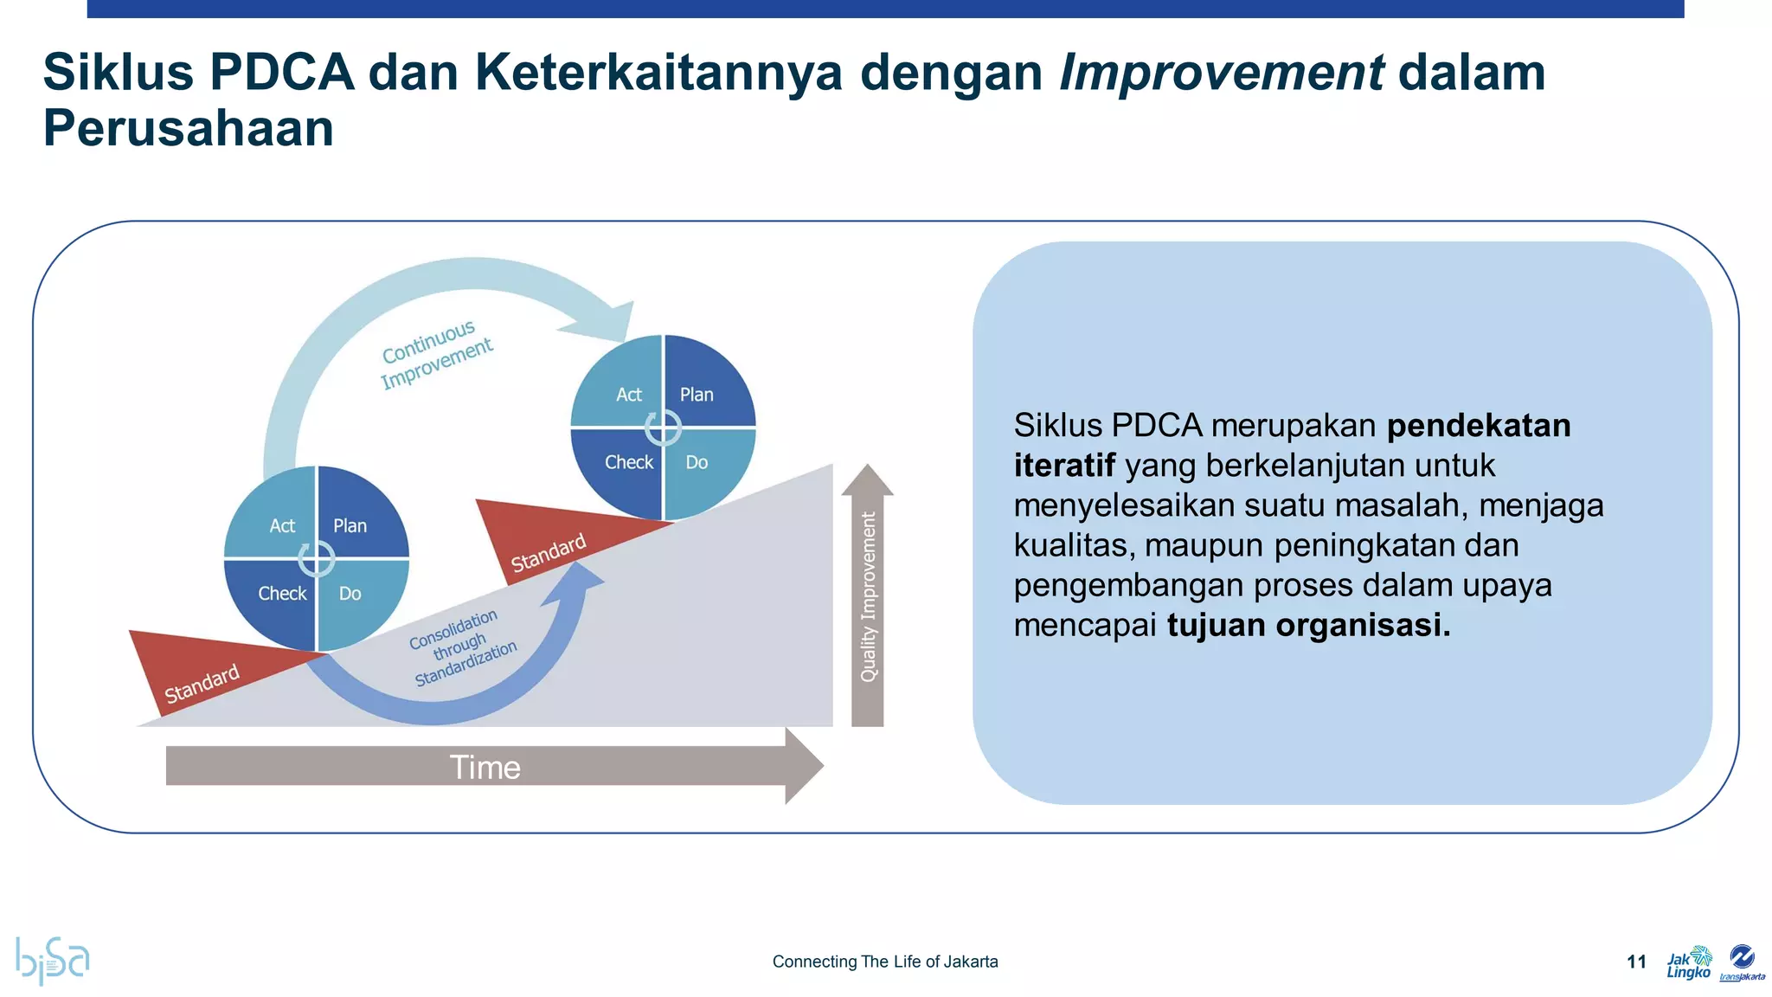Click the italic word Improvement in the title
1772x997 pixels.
1221,73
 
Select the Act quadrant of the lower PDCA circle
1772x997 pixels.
277,519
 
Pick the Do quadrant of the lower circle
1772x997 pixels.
355,597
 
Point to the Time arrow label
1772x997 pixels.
485,768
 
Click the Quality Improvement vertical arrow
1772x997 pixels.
868,597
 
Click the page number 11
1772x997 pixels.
1635,962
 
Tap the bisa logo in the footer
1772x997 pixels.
52,959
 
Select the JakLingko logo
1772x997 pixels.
1688,962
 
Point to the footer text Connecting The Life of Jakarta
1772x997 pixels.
884,962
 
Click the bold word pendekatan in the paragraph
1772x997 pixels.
1478,426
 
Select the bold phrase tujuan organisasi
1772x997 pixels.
1307,625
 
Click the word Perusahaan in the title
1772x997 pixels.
188,129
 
